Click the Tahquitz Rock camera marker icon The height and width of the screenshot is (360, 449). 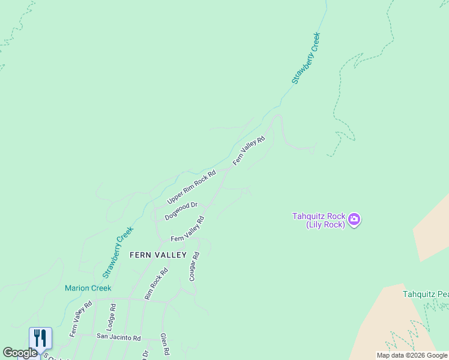click(x=354, y=220)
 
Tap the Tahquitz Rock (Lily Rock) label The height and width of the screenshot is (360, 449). click(x=318, y=220)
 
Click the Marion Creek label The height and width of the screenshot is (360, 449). click(x=88, y=288)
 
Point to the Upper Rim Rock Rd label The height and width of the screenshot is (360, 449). click(x=191, y=187)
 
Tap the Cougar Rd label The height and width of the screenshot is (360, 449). click(x=193, y=266)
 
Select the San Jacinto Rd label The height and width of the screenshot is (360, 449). click(x=118, y=337)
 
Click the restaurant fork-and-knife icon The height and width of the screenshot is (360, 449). click(x=40, y=338)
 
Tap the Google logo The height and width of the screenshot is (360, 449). click(x=20, y=353)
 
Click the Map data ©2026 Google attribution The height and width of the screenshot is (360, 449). click(x=412, y=355)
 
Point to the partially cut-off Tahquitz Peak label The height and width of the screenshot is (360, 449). click(x=426, y=294)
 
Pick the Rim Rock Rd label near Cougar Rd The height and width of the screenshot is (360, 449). click(x=156, y=284)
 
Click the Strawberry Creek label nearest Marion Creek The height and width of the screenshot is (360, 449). click(x=118, y=252)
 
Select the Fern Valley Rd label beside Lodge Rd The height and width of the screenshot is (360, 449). click(x=80, y=318)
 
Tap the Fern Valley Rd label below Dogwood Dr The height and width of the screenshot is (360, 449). click(x=188, y=229)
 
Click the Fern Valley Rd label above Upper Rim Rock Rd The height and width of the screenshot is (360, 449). click(x=249, y=151)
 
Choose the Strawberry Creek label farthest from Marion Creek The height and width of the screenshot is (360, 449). click(x=306, y=58)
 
